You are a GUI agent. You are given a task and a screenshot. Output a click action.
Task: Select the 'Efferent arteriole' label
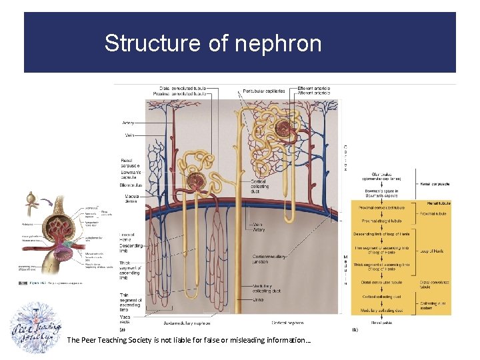pos(314,88)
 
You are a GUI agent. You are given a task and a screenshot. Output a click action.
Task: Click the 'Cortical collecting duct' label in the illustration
pos(259,187)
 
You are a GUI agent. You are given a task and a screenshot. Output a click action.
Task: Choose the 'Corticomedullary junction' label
pos(270,259)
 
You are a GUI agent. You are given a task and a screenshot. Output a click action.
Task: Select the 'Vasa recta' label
pos(127,319)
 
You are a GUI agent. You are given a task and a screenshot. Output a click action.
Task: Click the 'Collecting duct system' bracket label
pos(433,306)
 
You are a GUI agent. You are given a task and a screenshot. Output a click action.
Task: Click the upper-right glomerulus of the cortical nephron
pos(287,127)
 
